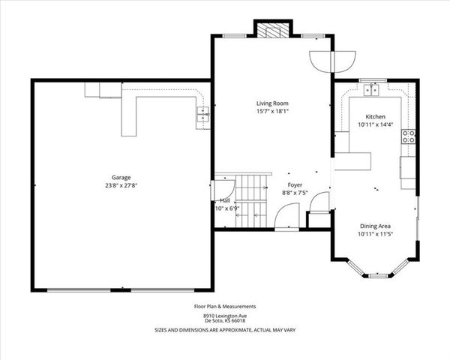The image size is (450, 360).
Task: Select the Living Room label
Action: pos(271,103)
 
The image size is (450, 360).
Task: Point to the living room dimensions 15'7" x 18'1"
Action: pos(271,111)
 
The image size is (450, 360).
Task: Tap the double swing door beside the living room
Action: pos(332,60)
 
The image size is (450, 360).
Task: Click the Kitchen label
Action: pos(375,117)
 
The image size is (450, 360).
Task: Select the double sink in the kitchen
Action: pos(372,91)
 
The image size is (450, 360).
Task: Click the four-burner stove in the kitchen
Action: pos(409,136)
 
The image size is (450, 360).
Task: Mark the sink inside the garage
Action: pos(202,114)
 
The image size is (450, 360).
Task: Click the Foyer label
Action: pos(295,184)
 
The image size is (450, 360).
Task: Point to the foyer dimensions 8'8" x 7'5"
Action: pos(295,193)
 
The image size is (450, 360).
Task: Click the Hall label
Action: pos(225,200)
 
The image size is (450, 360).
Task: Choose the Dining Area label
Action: pos(375,226)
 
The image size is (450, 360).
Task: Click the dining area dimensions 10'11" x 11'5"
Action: pos(375,234)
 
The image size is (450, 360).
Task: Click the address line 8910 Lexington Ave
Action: pos(226,315)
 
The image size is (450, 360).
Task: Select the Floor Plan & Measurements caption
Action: pos(226,306)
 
